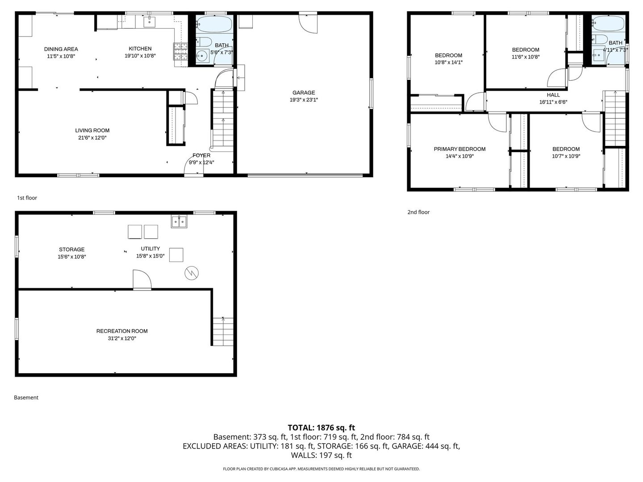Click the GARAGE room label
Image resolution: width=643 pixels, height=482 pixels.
click(304, 93)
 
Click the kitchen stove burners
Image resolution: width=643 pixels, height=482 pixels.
click(180, 51)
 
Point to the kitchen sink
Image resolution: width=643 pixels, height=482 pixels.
click(149, 21)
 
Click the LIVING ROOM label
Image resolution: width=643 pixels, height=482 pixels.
click(92, 130)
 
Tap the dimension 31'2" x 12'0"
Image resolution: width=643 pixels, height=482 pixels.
click(122, 338)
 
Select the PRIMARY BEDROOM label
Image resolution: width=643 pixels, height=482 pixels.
click(459, 149)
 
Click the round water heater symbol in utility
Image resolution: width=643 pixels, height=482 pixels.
click(192, 273)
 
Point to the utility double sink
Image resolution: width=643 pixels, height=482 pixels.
click(180, 221)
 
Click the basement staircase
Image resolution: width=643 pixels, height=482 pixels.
click(222, 331)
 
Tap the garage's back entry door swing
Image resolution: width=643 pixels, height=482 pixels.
click(308, 23)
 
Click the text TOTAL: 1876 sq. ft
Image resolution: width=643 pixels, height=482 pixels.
click(321, 428)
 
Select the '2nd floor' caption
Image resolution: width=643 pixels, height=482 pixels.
click(418, 212)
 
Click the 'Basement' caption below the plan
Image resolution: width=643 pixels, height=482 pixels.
click(26, 397)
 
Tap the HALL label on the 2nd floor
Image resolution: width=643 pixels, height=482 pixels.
click(553, 95)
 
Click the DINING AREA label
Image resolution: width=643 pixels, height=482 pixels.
click(61, 49)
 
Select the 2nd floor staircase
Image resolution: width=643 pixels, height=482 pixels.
click(615, 118)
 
